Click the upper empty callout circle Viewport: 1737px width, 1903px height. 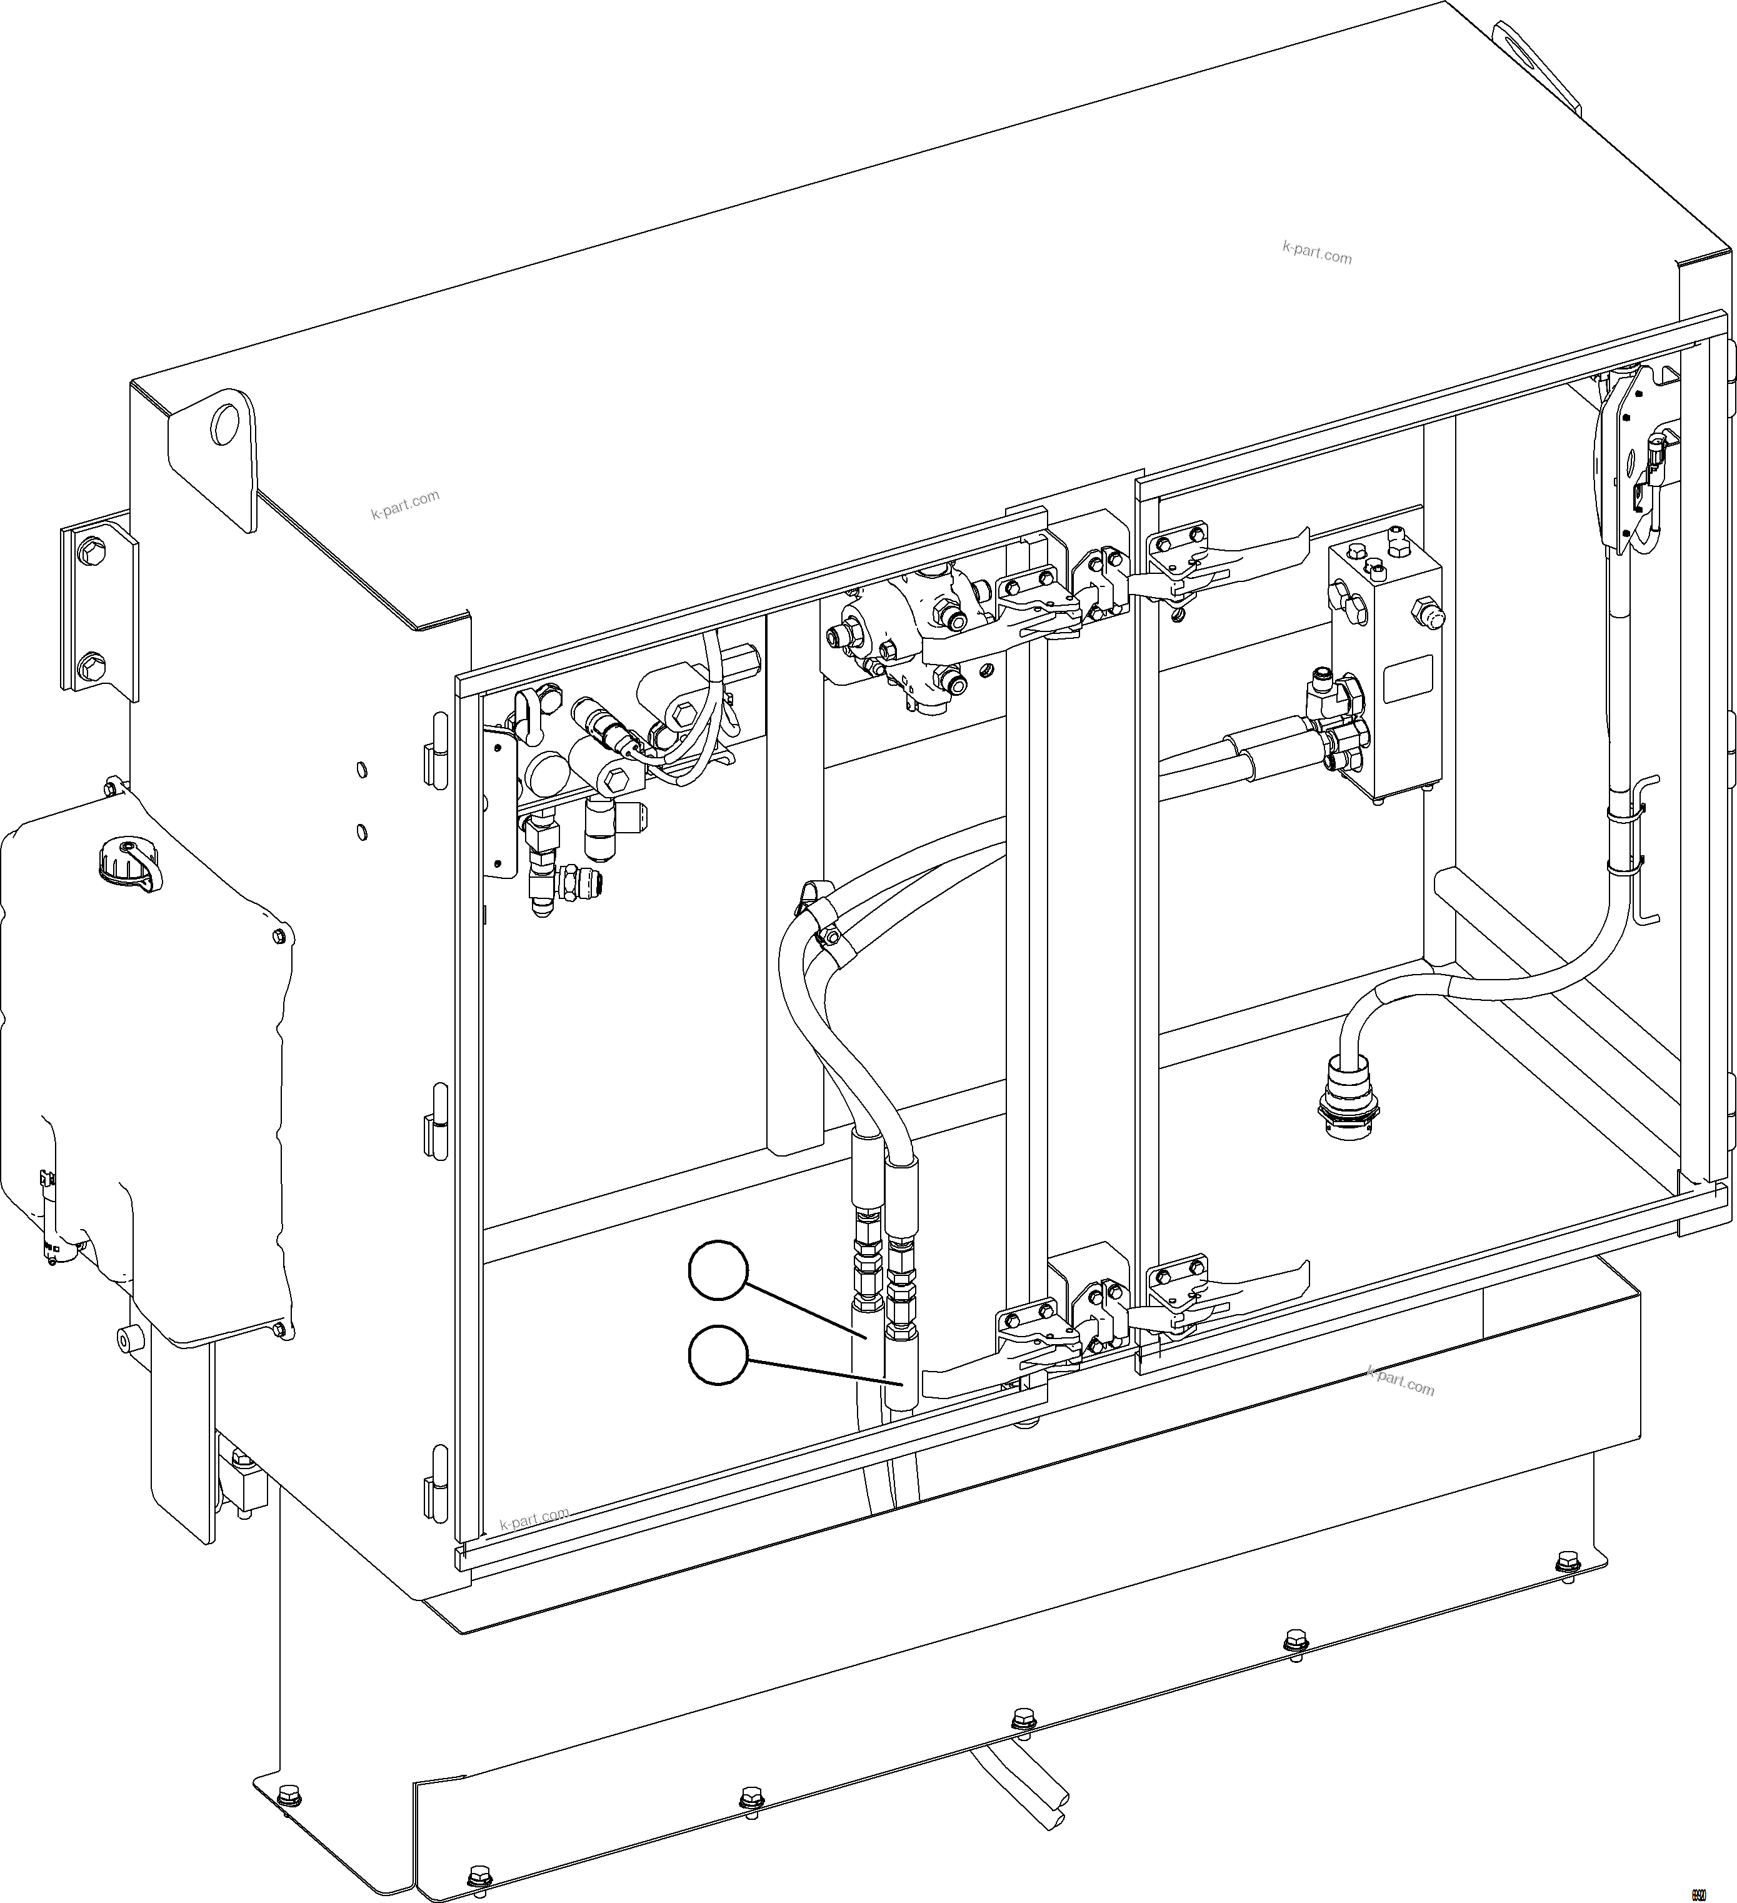click(x=718, y=1272)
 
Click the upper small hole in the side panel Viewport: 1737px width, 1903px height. click(x=361, y=770)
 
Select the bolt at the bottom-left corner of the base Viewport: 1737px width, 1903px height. click(x=479, y=1873)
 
